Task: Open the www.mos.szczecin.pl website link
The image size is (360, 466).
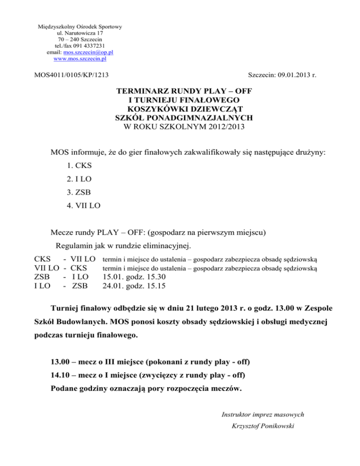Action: [x=80, y=60]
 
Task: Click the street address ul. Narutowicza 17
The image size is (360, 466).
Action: [x=80, y=33]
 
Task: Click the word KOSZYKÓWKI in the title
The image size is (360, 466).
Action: [x=155, y=109]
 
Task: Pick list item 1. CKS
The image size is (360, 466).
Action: [x=80, y=166]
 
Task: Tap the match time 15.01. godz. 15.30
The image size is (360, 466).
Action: [x=133, y=277]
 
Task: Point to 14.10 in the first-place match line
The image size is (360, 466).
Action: [x=60, y=376]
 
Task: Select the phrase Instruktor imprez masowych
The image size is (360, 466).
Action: [x=262, y=414]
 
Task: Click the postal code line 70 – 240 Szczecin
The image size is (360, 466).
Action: [x=80, y=40]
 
